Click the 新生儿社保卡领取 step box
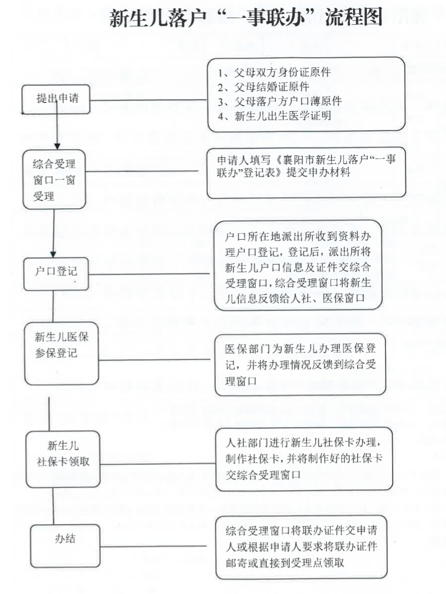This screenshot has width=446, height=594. coord(60,454)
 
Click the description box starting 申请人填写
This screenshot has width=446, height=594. coord(306,172)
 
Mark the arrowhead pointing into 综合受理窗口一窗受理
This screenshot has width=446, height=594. coord(57,146)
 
